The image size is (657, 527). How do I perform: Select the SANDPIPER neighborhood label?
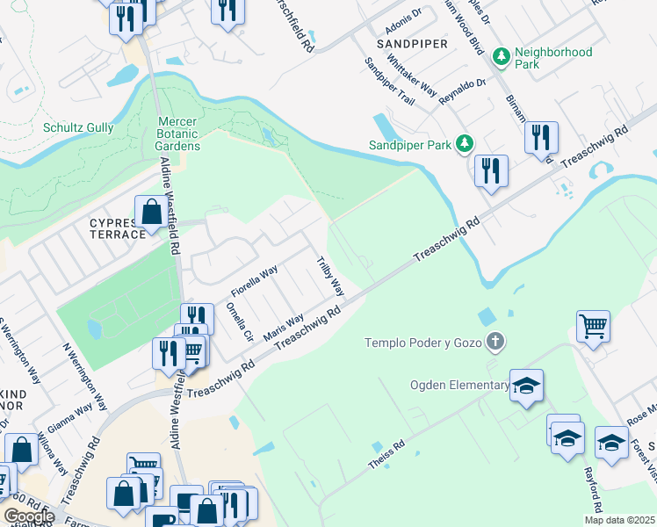tap(412, 43)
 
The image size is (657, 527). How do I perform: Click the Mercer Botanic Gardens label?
tap(179, 134)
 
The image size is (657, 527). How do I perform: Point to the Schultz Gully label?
tap(78, 127)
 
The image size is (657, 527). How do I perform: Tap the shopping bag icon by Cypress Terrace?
tap(151, 212)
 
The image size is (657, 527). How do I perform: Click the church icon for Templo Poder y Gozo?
tap(496, 342)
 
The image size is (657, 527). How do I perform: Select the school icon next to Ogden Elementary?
tap(526, 386)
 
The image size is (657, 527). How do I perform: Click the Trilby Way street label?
tap(331, 275)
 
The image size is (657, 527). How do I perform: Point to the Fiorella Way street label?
tap(254, 280)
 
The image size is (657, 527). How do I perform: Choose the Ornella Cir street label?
tap(239, 322)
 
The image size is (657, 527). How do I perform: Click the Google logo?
tap(29, 516)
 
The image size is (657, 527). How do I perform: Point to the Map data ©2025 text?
tap(619, 520)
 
